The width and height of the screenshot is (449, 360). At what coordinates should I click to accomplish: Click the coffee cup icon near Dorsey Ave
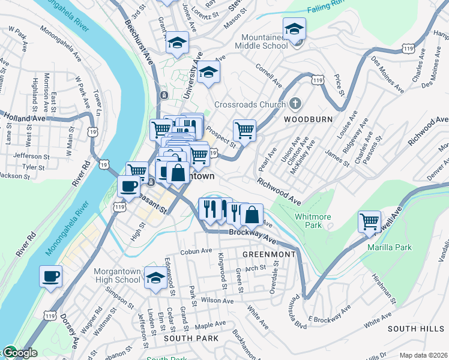point(51,277)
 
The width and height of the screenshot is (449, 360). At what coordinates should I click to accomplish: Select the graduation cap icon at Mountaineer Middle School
point(294,29)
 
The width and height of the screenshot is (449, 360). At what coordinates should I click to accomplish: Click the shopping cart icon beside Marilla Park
point(369,221)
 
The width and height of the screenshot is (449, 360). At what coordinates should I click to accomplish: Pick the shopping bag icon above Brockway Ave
point(253,214)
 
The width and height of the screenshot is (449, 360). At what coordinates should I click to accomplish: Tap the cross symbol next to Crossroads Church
point(294,104)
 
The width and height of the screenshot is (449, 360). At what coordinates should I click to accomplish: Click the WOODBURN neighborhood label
point(308,119)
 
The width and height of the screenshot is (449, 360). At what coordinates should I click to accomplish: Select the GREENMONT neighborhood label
point(269,254)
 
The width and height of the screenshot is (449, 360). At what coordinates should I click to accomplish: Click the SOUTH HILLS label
point(415,329)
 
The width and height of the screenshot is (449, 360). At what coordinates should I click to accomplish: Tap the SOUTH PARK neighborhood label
point(189,339)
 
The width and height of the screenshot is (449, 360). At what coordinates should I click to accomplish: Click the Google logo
point(20,353)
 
